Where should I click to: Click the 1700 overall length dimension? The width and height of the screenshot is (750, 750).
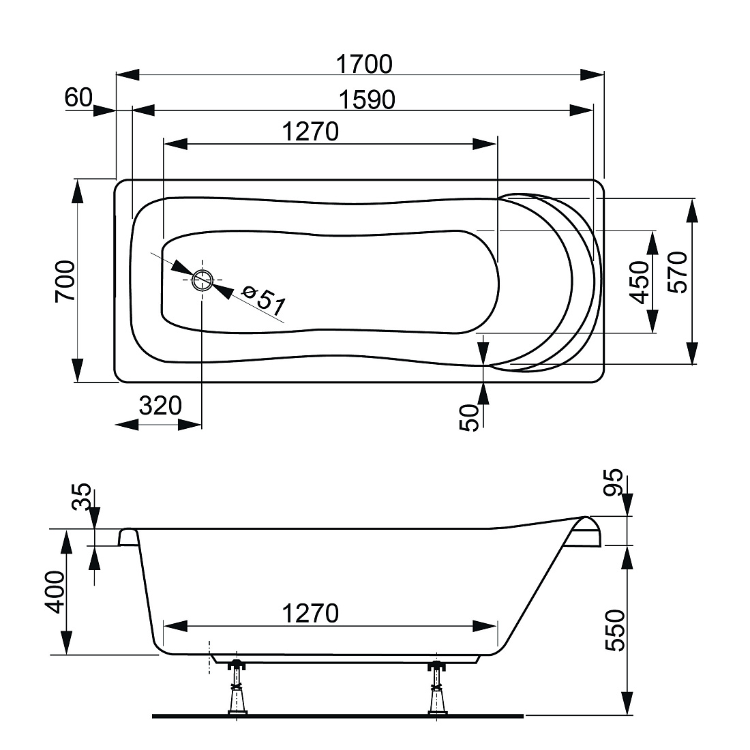pos(364,64)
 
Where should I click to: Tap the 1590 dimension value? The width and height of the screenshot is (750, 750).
pos(367,100)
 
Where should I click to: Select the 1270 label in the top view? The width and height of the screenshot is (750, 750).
pos(310,132)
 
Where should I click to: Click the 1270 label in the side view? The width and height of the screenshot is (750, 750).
pos(310,613)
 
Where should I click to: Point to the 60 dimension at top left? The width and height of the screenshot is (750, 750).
pos(78,97)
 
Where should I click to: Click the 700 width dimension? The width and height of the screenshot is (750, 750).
pos(65,281)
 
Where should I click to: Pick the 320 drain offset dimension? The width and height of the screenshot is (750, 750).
pos(160,406)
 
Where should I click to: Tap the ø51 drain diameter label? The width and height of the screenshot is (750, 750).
pos(264,301)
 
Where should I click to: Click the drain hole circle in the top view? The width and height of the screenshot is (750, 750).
pos(202,280)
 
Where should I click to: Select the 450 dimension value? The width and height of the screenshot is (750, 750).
pos(640,282)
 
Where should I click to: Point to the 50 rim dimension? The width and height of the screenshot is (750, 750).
pos(469,417)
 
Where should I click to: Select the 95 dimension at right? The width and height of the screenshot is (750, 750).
pos(613,482)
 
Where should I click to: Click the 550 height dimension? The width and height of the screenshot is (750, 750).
pos(615,631)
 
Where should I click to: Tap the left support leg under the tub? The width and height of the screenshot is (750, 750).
pos(237,688)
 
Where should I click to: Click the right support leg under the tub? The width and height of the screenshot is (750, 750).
pos(436,688)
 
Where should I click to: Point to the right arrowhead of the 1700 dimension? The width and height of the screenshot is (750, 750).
pos(592,74)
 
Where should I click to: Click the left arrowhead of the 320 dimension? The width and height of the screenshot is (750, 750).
pos(127,424)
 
